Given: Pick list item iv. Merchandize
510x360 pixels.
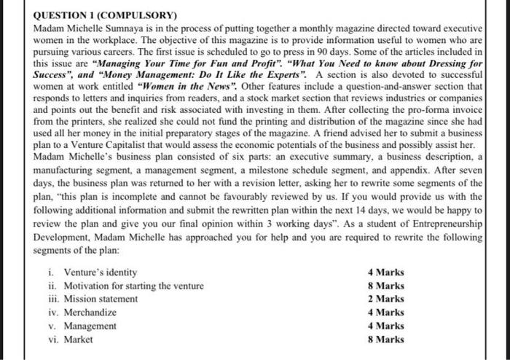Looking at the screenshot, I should coord(85,313).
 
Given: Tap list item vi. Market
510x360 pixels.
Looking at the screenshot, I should coord(74,340).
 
